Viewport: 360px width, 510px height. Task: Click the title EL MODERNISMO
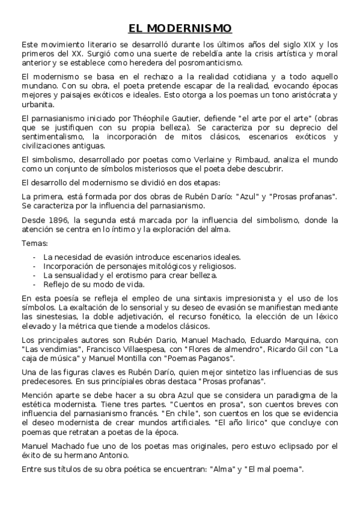[180, 28]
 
